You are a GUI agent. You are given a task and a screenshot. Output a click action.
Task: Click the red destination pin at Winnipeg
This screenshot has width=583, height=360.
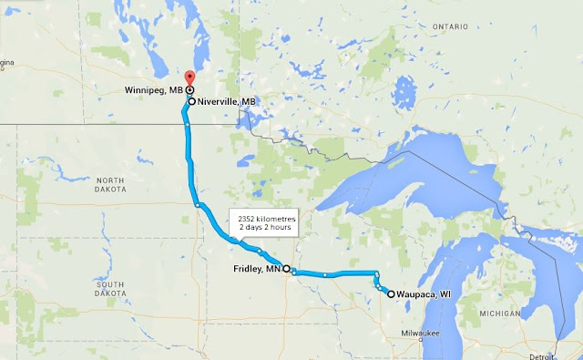click(x=189, y=78)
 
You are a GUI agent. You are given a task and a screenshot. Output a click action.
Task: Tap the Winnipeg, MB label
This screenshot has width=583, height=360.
click(x=156, y=90)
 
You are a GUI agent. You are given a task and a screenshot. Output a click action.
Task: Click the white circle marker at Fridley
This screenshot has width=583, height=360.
click(x=286, y=269)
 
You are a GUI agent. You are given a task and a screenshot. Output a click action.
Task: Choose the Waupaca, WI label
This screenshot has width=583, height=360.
click(x=425, y=294)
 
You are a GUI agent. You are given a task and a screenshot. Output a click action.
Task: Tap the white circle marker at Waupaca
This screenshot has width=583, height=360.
click(x=391, y=294)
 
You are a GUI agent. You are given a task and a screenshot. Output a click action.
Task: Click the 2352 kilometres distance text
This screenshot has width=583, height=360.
click(x=261, y=218)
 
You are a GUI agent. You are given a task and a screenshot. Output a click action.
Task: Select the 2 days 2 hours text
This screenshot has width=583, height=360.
click(x=261, y=227)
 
